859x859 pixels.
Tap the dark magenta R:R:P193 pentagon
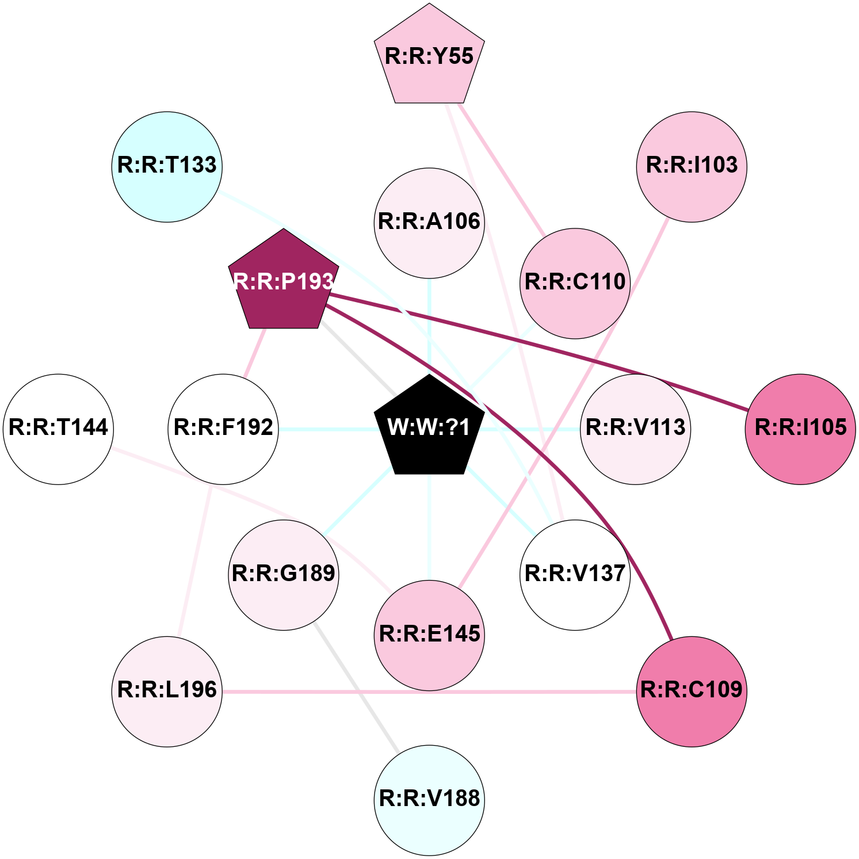click(283, 282)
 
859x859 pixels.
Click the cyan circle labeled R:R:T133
click(167, 166)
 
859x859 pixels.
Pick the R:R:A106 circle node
click(429, 223)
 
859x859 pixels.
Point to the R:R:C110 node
click(575, 283)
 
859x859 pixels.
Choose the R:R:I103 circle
click(692, 166)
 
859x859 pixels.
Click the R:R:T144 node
click(58, 429)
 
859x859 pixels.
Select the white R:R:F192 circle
click(223, 429)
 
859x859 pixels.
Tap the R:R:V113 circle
click(635, 429)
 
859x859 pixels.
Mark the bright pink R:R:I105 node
click(800, 429)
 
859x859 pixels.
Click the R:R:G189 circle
click(283, 575)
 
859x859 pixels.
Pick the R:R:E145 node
click(429, 635)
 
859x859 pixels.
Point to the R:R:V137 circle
click(575, 575)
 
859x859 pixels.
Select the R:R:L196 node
click(167, 691)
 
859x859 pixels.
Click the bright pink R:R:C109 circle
click(692, 691)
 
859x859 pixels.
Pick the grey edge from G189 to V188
click(357, 687)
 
